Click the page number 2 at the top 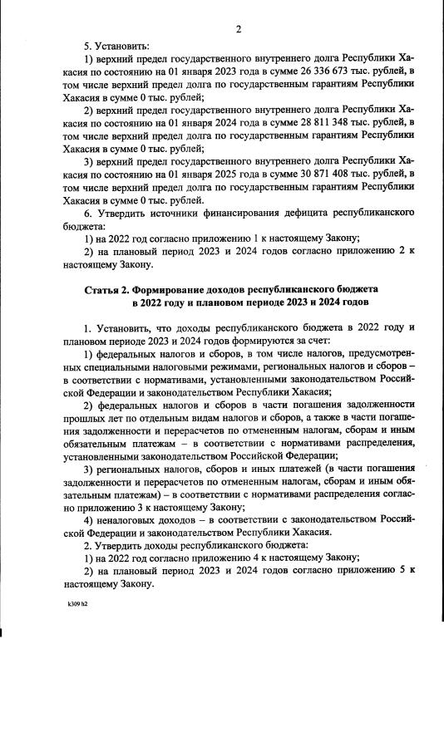point(238,31)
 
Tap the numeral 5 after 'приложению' point(402,573)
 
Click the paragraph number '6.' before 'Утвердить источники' point(89,213)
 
